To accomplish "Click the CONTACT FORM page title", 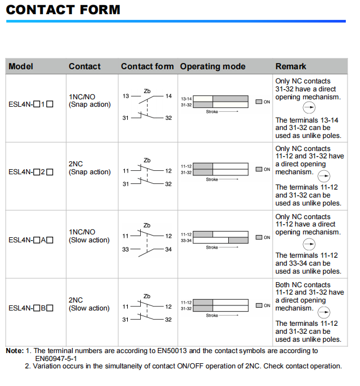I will tap(63, 10).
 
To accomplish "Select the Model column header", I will tap(21, 66).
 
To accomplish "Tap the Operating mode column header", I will tap(212, 66).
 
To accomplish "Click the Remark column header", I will tap(291, 66).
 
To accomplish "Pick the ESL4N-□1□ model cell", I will tap(31, 104).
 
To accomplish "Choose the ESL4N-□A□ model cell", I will tap(31, 240).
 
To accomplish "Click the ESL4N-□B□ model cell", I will tap(31, 308).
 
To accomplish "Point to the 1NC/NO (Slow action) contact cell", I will tap(89, 236).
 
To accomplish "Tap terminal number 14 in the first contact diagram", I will tap(168, 96).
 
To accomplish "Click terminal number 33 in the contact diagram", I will tap(125, 249).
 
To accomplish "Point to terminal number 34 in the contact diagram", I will tap(168, 249).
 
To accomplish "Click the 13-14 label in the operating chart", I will tap(186, 99).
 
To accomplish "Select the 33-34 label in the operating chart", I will tap(186, 240).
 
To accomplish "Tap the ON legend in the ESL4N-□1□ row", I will tap(263, 102).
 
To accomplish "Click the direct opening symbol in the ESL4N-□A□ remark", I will tap(309, 244).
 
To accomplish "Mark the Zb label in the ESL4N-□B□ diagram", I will tap(147, 296).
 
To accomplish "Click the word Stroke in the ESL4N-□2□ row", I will tap(212, 179).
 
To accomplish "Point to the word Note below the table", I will tap(14, 351).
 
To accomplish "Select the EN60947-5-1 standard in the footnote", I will tap(56, 359).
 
